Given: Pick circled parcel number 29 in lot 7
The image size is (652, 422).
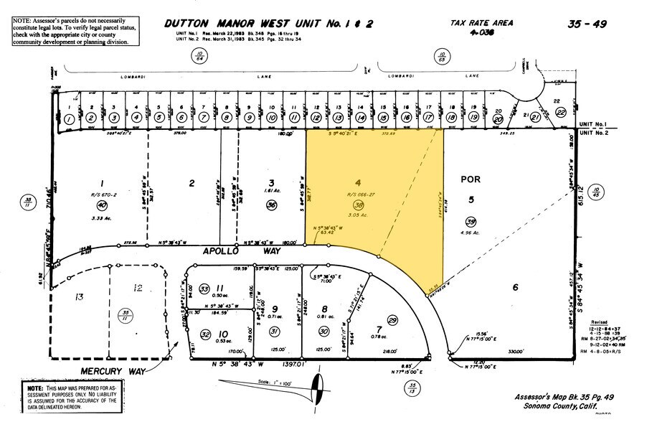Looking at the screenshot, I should [x=392, y=319].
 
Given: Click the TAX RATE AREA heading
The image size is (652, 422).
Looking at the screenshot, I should [x=482, y=23].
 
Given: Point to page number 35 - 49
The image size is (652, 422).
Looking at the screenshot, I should [x=587, y=24].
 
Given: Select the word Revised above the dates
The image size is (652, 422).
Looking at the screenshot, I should [x=600, y=324].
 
